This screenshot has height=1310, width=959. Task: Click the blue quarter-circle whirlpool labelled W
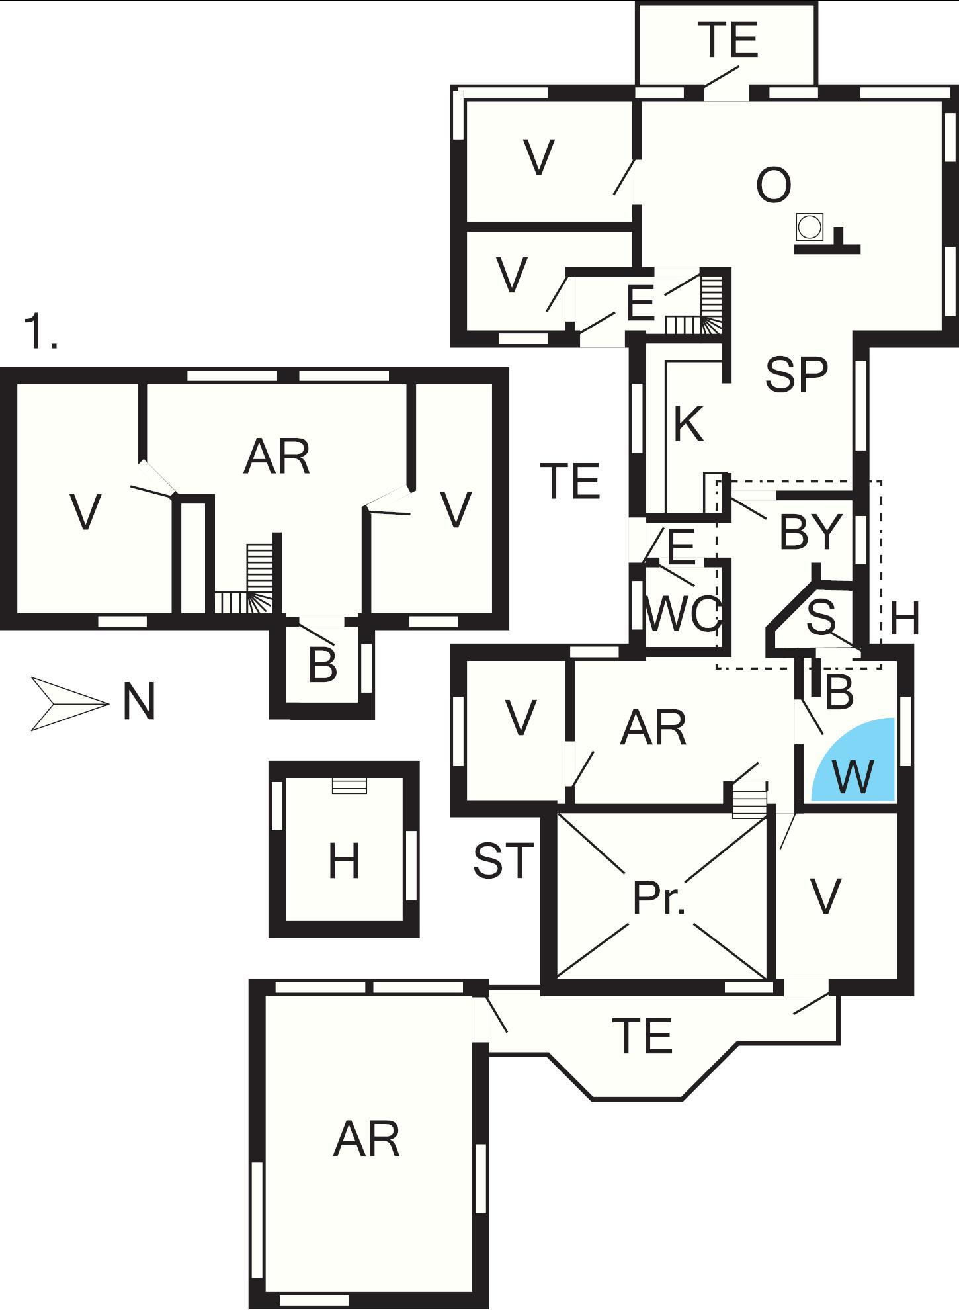point(857,764)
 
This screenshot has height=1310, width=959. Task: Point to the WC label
point(681,615)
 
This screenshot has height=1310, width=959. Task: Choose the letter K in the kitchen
point(688,423)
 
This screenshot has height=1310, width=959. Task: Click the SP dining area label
point(796,374)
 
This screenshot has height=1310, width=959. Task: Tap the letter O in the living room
point(773,185)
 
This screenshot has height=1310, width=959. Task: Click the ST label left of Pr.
point(503,861)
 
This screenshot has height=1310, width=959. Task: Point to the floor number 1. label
point(40,331)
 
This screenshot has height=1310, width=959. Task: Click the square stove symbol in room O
point(809,227)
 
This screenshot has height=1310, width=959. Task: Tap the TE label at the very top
point(730,40)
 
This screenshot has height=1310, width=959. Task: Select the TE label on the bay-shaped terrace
point(642,1035)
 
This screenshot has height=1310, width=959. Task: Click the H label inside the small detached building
point(344,861)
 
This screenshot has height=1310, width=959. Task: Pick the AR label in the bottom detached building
point(366,1139)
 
